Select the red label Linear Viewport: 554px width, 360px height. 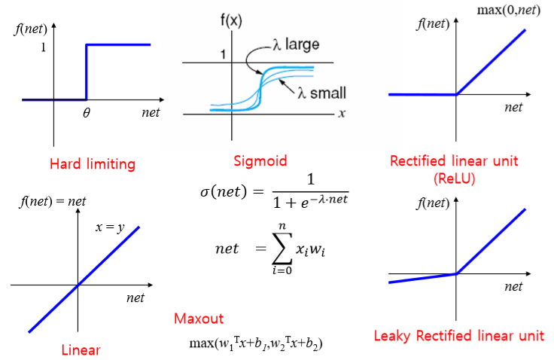(81, 349)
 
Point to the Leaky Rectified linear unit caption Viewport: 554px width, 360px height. (458, 335)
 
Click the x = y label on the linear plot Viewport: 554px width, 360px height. (111, 227)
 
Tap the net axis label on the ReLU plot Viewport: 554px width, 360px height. (513, 108)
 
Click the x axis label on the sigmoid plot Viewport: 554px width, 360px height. (342, 114)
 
